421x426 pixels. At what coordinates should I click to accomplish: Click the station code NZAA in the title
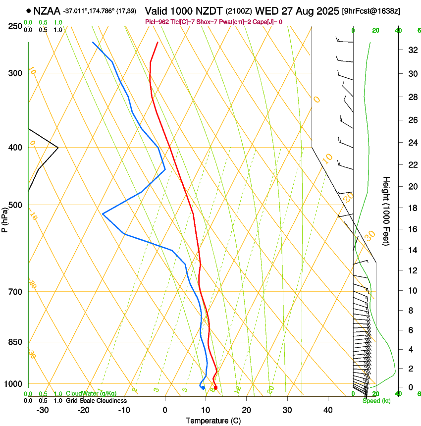click(x=47, y=10)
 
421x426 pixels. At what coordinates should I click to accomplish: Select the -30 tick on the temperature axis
click(x=43, y=410)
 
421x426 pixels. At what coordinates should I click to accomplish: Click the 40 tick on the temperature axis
click(x=327, y=410)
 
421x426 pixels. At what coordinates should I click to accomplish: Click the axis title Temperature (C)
click(x=213, y=421)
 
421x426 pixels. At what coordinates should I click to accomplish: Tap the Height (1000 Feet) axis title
click(x=387, y=211)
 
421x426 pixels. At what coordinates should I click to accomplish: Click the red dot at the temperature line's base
click(x=215, y=387)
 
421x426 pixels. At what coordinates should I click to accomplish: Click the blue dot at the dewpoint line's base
click(x=203, y=387)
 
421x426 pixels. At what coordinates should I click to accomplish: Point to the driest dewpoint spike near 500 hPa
click(x=103, y=213)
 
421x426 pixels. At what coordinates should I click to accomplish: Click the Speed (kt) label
click(x=376, y=401)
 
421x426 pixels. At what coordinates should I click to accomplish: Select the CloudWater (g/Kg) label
click(x=91, y=394)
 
